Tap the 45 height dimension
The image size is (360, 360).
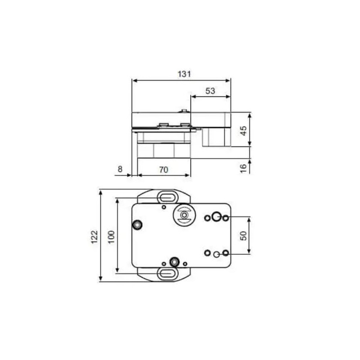(x=244, y=130)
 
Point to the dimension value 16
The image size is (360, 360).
(x=243, y=168)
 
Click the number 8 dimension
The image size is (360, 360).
(x=119, y=169)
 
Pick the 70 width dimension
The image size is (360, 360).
(x=163, y=169)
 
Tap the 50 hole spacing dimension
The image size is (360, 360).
(x=244, y=235)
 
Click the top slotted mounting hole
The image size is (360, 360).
(x=168, y=196)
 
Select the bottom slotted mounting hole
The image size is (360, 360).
(x=168, y=273)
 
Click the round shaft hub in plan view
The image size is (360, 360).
(x=184, y=217)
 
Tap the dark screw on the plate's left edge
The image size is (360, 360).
(x=136, y=225)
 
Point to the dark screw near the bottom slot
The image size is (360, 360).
(x=176, y=262)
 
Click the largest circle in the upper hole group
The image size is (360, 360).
(x=215, y=218)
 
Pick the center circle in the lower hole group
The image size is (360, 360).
(x=217, y=254)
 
